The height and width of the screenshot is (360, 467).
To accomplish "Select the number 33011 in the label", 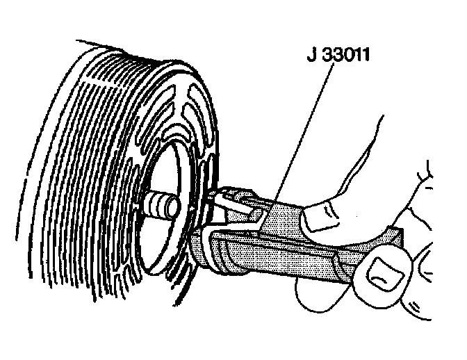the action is tap(345, 54).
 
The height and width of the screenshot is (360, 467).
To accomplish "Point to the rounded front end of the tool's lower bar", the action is tap(202, 243).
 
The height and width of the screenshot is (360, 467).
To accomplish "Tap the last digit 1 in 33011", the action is tap(363, 54).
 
